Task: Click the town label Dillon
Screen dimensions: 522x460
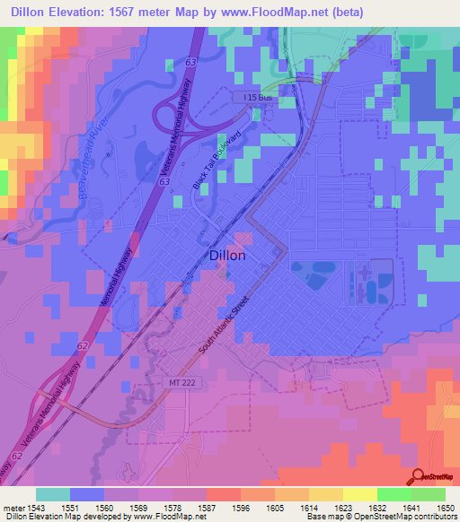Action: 226,255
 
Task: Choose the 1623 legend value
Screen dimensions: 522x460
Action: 344,506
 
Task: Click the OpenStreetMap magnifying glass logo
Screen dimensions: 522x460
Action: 419,477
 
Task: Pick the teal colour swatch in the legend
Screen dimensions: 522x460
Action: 52,494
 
